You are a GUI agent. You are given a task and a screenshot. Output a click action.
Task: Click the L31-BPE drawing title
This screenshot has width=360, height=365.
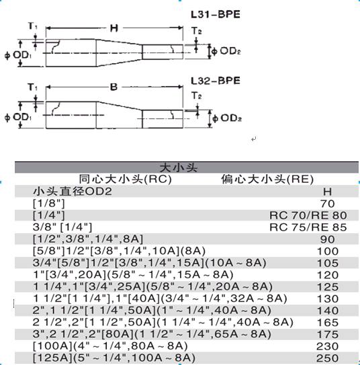pos(216,14)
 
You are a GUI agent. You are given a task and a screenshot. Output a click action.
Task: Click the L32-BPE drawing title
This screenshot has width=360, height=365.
pos(216,81)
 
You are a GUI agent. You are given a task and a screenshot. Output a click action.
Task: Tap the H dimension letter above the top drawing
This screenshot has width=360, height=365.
pos(114,28)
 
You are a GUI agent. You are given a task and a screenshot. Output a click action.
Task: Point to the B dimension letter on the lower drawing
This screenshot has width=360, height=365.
pos(114,87)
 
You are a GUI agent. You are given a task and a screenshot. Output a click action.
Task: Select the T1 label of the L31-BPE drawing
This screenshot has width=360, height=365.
pos(32,26)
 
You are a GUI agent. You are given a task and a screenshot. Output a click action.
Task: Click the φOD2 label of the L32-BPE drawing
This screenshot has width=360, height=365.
pos(227,118)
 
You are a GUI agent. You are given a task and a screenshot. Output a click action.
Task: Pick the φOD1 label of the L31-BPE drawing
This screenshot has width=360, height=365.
pos(18,55)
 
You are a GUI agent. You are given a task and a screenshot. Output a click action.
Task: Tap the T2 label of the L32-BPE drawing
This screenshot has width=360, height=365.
pos(197,95)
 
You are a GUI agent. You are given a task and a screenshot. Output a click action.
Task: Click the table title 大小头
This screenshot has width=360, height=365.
pos(179,167)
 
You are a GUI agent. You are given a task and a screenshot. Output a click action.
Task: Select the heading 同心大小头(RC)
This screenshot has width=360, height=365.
pos(126,179)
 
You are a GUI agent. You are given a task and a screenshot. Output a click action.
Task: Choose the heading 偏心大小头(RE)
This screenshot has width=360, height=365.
pos(267,179)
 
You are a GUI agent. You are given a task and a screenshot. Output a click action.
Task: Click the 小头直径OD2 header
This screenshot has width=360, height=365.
pos(73,192)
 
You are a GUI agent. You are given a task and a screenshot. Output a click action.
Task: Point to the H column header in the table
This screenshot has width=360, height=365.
pos(328,192)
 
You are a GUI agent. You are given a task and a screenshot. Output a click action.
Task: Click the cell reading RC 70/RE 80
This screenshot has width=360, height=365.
pos(308,215)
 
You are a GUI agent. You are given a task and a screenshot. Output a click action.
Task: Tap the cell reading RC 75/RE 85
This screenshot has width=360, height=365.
pos(308,227)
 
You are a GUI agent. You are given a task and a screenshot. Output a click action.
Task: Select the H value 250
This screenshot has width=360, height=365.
pos(328,358)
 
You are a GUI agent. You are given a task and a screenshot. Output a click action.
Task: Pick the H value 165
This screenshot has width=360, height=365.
pos(328,323)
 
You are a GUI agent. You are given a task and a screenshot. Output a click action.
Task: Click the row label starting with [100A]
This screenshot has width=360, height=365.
pos(110,346)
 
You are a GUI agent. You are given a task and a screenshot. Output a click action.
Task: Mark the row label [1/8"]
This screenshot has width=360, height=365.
pos(49,204)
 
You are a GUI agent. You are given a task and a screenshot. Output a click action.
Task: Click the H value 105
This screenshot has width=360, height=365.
pos(328,263)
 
